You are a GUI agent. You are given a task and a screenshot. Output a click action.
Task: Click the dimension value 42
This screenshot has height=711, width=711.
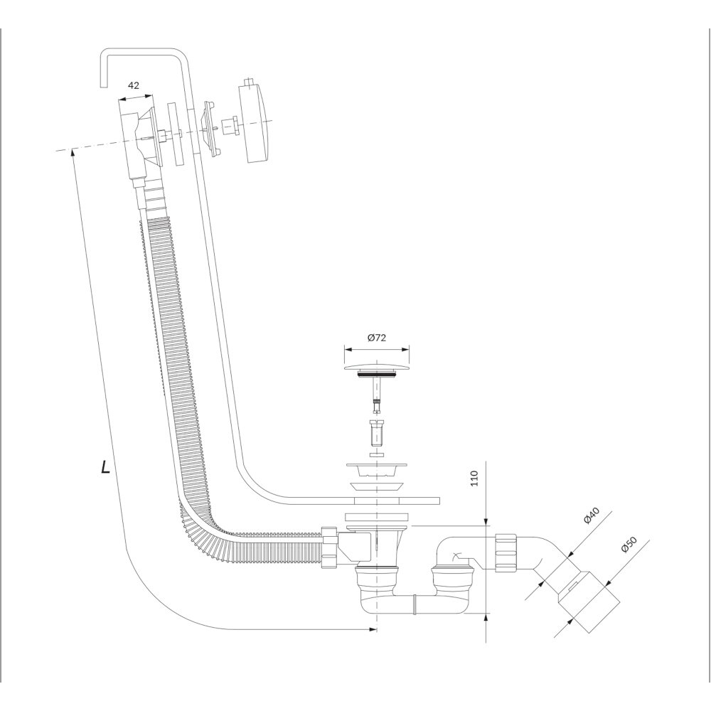click(134, 86)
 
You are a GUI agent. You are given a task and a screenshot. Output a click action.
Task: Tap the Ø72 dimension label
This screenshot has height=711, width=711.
click(377, 337)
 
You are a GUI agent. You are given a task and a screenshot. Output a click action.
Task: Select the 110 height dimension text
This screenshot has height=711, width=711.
click(474, 479)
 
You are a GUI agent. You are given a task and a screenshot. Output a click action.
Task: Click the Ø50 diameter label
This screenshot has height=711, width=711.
click(629, 544)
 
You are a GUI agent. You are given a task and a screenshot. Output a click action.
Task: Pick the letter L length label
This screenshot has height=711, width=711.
click(106, 466)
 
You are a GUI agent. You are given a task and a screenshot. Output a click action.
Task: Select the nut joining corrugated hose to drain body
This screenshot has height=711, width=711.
click(328, 547)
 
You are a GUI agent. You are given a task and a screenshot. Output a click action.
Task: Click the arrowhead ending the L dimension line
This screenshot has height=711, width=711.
click(373, 629)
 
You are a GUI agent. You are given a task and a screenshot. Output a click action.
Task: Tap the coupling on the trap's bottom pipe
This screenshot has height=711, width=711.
click(414, 604)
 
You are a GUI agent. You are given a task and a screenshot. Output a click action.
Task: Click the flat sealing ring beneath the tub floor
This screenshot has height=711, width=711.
click(377, 518)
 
